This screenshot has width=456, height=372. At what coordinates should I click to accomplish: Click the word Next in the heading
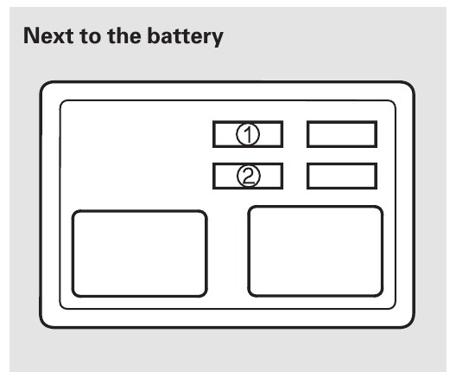tap(48, 35)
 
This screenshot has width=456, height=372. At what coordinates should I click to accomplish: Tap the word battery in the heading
tap(185, 36)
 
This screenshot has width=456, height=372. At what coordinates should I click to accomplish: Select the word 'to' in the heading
tap(91, 36)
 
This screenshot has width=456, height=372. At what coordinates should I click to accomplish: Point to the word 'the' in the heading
tap(125, 35)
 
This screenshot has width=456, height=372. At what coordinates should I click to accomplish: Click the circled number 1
tap(248, 134)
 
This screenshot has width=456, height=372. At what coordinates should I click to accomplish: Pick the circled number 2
tap(249, 176)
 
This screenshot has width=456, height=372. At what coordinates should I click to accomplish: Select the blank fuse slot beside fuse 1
tap(342, 134)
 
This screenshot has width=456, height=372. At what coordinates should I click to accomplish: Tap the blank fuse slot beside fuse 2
tap(342, 176)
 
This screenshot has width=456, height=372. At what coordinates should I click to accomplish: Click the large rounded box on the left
tap(140, 253)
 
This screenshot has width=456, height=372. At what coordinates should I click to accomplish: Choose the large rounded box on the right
tap(315, 252)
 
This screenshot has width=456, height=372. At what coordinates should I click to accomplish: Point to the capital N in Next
tap(31, 35)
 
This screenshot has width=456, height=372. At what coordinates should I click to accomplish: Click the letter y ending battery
tap(217, 39)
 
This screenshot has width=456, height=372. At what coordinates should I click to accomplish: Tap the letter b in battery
tap(154, 35)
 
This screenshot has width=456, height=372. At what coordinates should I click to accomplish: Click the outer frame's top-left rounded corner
tap(44, 86)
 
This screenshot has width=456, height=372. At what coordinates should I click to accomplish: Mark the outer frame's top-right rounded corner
tap(410, 86)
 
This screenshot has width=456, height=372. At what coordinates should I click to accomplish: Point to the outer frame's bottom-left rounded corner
tap(44, 324)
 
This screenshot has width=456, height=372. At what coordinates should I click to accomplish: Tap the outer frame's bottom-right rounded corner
tap(410, 324)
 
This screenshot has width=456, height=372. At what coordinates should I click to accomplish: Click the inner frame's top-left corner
tap(61, 102)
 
